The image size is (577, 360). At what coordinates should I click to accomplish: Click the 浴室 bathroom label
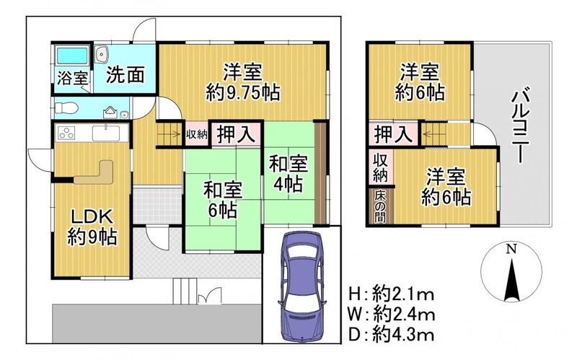tap(73, 78)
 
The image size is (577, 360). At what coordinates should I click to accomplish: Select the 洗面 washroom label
tap(125, 75)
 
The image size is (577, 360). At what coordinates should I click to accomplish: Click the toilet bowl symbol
tap(66, 108)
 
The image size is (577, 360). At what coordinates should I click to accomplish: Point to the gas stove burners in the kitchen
tap(67, 133)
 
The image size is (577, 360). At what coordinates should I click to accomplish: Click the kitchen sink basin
tap(106, 133)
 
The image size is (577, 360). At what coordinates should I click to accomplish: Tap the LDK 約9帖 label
tap(92, 228)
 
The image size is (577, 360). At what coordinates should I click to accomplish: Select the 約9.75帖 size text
tap(242, 92)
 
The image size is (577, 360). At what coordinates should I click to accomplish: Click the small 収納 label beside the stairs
tap(197, 134)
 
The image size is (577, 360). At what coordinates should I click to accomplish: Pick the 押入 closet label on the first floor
tap(236, 134)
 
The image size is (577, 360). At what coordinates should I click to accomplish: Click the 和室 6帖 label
tap(223, 201)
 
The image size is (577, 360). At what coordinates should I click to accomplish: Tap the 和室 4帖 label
tap(288, 174)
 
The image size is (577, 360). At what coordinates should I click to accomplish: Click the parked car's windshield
tap(301, 254)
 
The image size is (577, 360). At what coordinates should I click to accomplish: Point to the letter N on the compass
tap(511, 250)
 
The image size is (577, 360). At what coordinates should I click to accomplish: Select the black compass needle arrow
tap(511, 279)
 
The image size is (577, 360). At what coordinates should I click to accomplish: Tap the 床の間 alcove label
tap(380, 207)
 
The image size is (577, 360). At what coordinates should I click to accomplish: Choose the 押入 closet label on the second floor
tap(393, 134)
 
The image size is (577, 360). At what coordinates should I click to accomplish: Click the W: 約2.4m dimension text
tap(392, 315)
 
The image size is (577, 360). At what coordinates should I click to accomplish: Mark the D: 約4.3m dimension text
tap(392, 334)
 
